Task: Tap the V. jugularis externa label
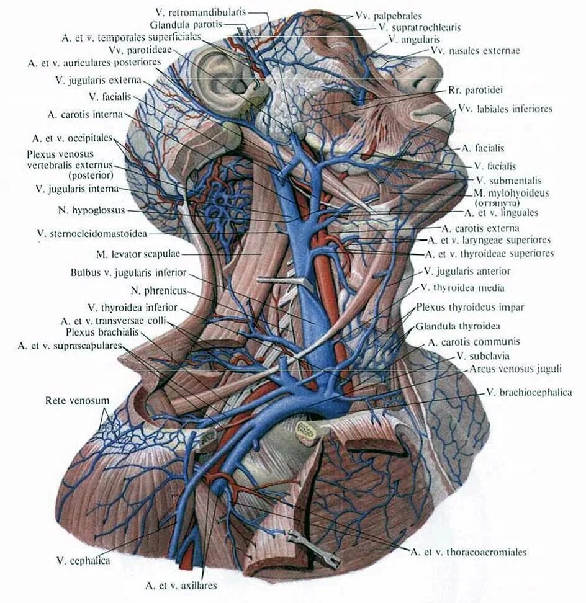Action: click(x=99, y=80)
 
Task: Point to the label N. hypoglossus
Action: click(x=91, y=210)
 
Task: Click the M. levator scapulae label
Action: click(x=138, y=254)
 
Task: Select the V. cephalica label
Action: click(x=83, y=561)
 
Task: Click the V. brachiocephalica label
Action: click(x=529, y=392)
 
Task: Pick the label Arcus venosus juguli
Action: click(x=516, y=368)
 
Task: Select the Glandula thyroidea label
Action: click(x=459, y=326)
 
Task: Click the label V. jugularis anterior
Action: click(x=467, y=271)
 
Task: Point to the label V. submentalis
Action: click(x=508, y=181)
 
